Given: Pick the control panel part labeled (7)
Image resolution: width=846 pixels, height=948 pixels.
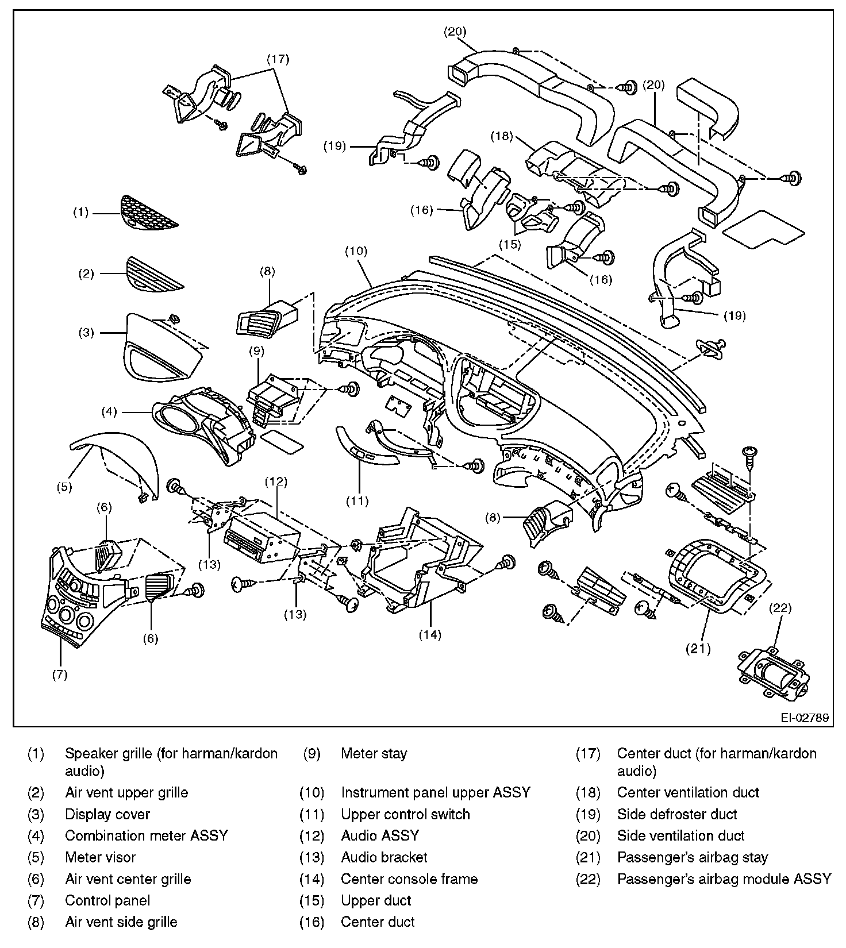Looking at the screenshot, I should point(75,609).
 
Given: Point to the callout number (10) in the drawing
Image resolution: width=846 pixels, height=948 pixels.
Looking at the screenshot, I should point(356,251).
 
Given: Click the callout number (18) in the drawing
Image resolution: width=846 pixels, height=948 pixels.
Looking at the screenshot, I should point(501,137).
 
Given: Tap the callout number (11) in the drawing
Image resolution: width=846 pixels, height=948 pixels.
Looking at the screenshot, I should point(356,501).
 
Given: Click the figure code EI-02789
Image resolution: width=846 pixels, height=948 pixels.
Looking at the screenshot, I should point(804,718).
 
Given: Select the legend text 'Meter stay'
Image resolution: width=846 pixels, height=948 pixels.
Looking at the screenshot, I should point(374,753).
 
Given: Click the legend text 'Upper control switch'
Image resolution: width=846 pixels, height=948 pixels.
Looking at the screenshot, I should point(405,814).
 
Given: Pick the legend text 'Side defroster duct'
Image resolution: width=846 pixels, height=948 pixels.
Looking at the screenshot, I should point(676,814).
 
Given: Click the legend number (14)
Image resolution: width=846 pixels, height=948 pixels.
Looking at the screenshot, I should point(312,879).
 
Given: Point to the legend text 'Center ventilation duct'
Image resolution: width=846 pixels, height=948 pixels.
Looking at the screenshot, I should point(688,792).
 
